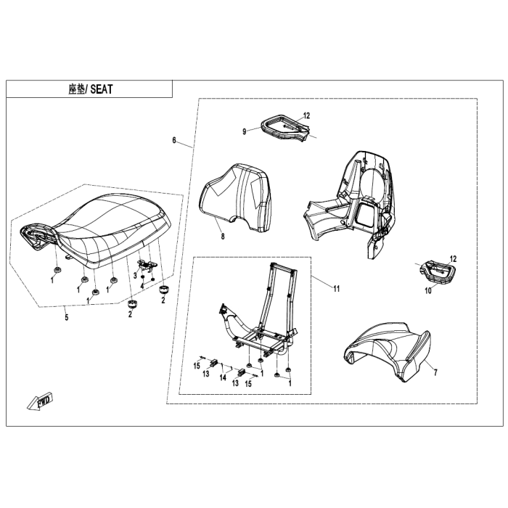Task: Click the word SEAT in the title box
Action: click(x=102, y=90)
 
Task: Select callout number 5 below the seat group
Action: click(x=66, y=316)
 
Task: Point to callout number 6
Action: click(x=174, y=139)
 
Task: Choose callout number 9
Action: click(x=245, y=131)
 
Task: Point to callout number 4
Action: click(x=142, y=284)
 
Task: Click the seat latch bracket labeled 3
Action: click(x=148, y=266)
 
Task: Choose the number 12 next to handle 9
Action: click(x=306, y=115)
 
